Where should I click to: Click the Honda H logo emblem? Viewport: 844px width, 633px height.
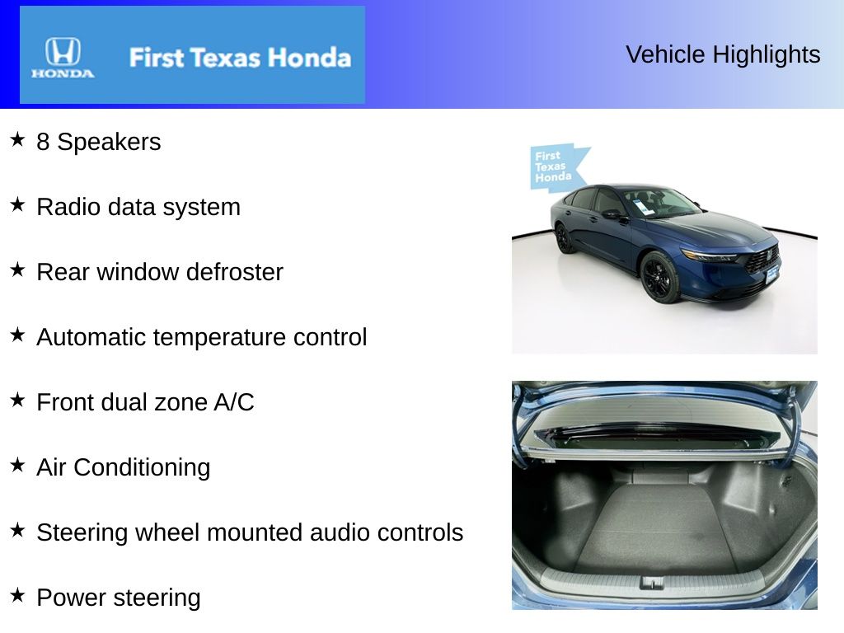[x=63, y=52]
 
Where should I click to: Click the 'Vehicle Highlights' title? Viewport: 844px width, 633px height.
[x=723, y=54]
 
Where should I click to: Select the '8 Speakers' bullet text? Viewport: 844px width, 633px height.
[x=98, y=142]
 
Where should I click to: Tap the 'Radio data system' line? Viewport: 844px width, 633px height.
[x=138, y=207]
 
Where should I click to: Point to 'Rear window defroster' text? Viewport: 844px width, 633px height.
[x=160, y=272]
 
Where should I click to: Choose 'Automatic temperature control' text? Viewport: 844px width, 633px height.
[x=202, y=337]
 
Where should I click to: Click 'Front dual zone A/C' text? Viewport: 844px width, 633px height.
[x=145, y=402]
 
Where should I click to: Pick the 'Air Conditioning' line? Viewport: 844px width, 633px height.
[x=124, y=467]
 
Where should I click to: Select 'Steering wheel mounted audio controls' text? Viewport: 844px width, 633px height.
[x=250, y=532]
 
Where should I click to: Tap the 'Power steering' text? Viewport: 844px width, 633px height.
[x=119, y=598]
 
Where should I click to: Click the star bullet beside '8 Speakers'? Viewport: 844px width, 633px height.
[x=17, y=139]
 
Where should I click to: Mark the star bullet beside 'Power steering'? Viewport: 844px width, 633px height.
[x=17, y=595]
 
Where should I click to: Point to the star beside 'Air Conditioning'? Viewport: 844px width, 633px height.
[x=17, y=465]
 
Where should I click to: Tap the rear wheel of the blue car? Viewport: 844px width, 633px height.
[x=564, y=238]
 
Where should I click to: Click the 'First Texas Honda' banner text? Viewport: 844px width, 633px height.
[x=240, y=58]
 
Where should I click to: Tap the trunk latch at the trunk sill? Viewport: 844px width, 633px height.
[x=652, y=583]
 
